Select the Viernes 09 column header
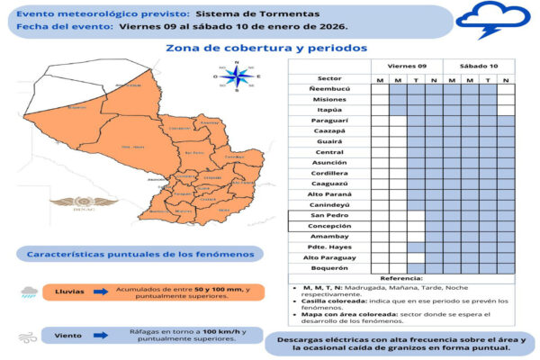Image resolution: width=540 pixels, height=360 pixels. (407, 67)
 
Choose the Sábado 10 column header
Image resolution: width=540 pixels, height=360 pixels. (479, 67)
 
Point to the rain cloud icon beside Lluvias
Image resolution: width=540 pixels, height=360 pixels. (31, 292)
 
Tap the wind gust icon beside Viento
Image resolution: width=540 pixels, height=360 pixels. (31, 336)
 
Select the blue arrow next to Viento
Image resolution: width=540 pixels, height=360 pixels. (99, 335)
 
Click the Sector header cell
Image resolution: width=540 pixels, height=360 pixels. (329, 78)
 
